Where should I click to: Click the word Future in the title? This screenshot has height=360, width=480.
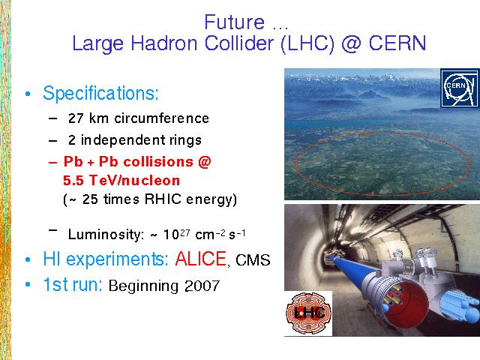tap(235, 22)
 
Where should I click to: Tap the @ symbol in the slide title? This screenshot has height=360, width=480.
tap(351, 43)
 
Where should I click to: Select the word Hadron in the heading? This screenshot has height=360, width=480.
tap(163, 43)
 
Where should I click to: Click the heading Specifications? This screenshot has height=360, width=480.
tap(100, 93)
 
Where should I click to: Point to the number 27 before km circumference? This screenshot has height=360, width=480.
tap(76, 118)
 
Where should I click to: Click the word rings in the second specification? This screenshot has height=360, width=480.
tap(186, 140)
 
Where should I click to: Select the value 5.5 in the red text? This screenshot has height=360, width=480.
tap(73, 181)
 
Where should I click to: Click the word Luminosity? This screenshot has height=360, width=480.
tap(106, 235)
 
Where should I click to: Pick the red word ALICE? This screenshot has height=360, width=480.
tap(201, 259)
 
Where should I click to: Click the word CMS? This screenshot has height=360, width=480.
tap(253, 260)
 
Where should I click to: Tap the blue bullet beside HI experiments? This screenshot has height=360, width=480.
tap(28, 259)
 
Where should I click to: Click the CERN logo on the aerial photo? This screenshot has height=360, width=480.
tap(460, 88)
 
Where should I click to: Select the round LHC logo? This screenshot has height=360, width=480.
tap(308, 313)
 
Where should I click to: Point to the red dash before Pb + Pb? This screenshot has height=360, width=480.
tap(52, 162)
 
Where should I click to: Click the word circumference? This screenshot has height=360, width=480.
tap(162, 118)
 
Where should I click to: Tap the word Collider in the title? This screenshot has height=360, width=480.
tap(238, 43)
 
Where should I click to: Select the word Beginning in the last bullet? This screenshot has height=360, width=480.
tap(143, 286)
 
